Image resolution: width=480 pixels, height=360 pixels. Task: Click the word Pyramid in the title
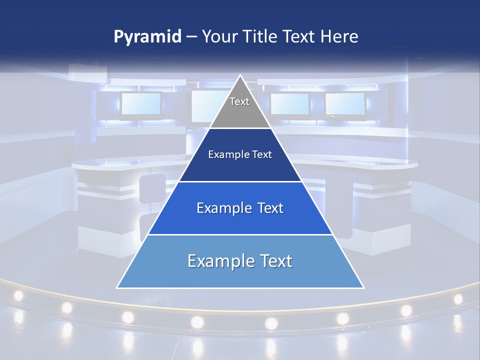147,37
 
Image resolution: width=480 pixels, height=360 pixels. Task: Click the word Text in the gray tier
239,101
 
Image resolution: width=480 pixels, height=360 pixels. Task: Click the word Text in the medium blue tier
267,208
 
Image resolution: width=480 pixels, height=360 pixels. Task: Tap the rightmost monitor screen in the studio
344,103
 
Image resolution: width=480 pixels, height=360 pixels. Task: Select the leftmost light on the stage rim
18,295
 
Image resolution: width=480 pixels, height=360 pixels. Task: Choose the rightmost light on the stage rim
458,299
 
